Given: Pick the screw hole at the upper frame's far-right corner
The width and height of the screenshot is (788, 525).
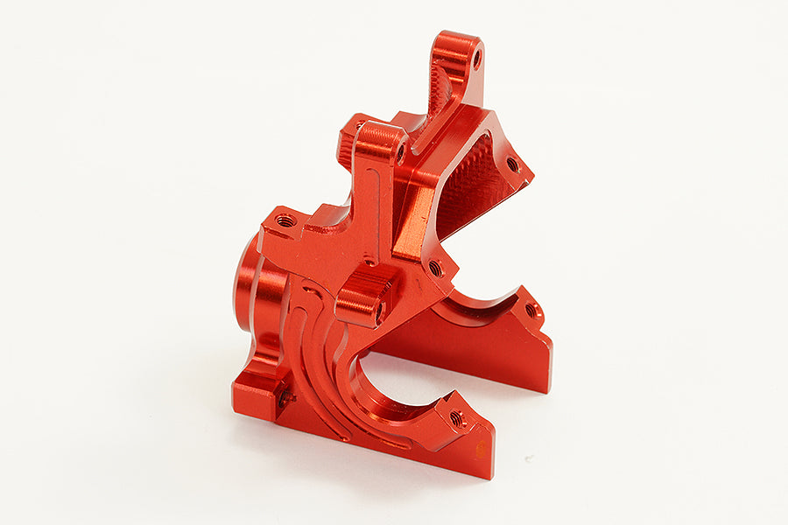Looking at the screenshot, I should pyautogui.click(x=512, y=164).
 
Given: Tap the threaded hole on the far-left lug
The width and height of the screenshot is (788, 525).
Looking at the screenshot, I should pyautogui.click(x=285, y=221).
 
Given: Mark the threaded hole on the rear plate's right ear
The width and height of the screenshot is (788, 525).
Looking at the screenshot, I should pyautogui.click(x=530, y=311).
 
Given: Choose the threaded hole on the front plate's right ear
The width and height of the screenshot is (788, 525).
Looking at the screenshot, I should pyautogui.click(x=456, y=418).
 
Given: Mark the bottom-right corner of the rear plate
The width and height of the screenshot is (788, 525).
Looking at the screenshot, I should pyautogui.click(x=549, y=390).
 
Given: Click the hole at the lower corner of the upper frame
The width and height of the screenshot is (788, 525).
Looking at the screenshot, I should pyautogui.click(x=434, y=269).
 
